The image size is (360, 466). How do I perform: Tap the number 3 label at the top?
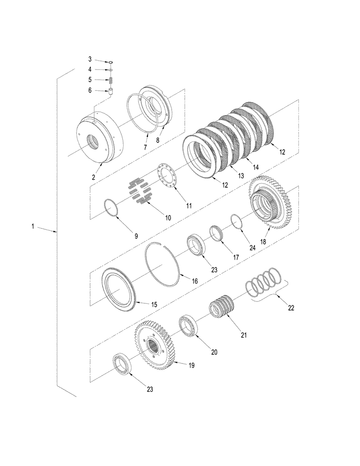pos(90,60)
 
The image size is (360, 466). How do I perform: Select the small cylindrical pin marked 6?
pos(112,91)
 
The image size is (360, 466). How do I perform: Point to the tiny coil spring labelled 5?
pos(112,81)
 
